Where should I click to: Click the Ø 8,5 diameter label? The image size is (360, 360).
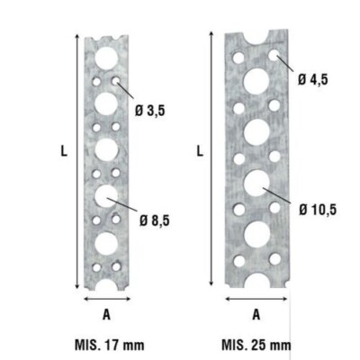pyautogui.click(x=155, y=219)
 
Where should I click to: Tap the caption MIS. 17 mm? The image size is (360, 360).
pyautogui.click(x=107, y=344)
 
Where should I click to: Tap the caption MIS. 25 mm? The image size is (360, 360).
pyautogui.click(x=256, y=344)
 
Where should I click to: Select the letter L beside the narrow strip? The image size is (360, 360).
pyautogui.click(x=64, y=154)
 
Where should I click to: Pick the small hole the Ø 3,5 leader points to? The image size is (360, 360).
pyautogui.click(x=117, y=83)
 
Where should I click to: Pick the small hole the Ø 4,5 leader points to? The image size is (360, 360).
pyautogui.click(x=272, y=57)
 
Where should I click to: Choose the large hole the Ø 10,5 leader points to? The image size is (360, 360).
pyautogui.click(x=256, y=184)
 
